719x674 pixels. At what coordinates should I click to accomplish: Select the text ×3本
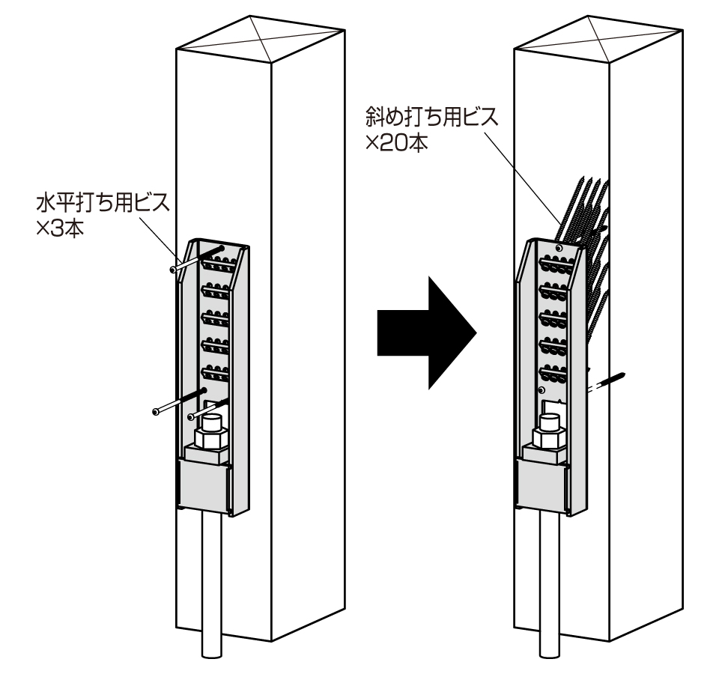[59, 228]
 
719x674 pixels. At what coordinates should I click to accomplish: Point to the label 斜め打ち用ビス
[430, 118]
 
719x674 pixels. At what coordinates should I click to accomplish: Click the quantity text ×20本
[397, 142]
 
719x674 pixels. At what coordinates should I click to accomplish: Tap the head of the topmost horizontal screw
[174, 270]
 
